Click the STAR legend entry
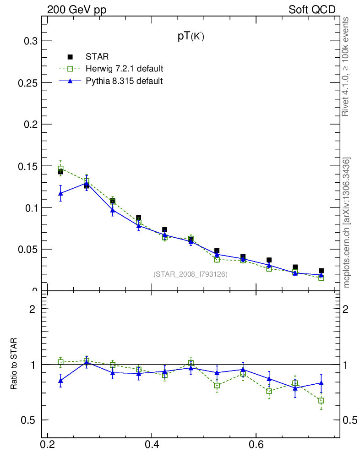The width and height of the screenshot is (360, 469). pyautogui.click(x=97, y=57)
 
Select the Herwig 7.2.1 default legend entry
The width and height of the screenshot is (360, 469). pyautogui.click(x=124, y=69)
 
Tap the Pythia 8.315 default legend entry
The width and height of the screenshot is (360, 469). pyautogui.click(x=124, y=81)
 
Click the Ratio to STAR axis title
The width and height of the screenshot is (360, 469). pyautogui.click(x=14, y=364)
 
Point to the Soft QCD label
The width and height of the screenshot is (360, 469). pyautogui.click(x=312, y=10)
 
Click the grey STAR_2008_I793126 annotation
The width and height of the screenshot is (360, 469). pyautogui.click(x=191, y=274)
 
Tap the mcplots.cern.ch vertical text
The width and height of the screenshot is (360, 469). pyautogui.click(x=347, y=223)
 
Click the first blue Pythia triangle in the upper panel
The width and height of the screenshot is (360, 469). pyautogui.click(x=60, y=193)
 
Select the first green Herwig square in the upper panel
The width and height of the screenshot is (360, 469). pyautogui.click(x=60, y=169)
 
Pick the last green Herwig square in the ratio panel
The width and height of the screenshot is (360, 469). pyautogui.click(x=321, y=401)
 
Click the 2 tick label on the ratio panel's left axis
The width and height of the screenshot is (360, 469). pyautogui.click(x=33, y=309)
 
